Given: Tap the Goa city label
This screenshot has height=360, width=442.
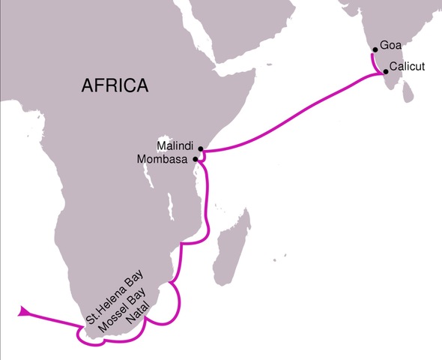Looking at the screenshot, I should [390, 45].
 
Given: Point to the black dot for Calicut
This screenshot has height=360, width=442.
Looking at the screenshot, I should [386, 72].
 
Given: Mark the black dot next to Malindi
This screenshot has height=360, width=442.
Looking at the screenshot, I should [201, 148].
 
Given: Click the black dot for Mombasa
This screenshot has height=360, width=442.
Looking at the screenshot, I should [196, 159].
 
